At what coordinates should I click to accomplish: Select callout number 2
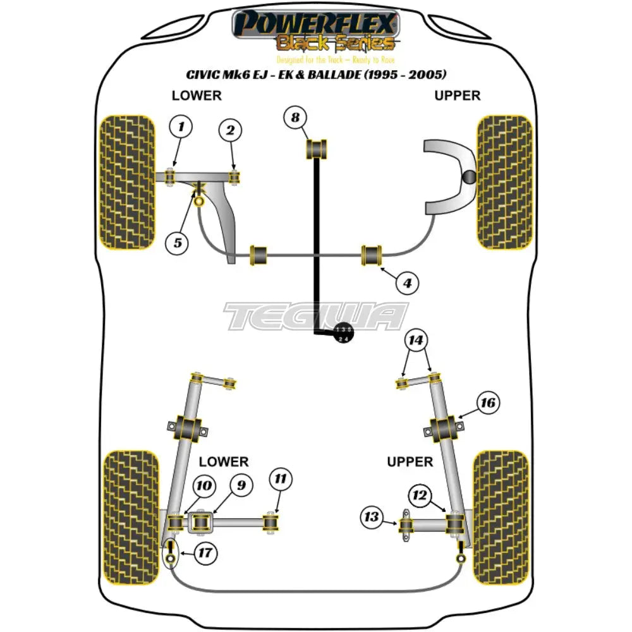point(231,131)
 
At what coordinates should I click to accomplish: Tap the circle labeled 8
point(312,117)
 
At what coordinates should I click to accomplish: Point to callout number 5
point(178,241)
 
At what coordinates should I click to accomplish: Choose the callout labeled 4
point(407,284)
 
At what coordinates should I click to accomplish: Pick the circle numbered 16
point(488,403)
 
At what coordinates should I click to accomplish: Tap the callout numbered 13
point(372,518)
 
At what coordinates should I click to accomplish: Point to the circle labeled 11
point(281,480)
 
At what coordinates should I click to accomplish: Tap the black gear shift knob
point(343,334)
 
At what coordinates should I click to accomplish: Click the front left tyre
point(127,181)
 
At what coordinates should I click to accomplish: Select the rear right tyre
point(500,508)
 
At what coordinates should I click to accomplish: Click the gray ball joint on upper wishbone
point(469,178)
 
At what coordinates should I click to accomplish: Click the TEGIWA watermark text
point(316,316)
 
